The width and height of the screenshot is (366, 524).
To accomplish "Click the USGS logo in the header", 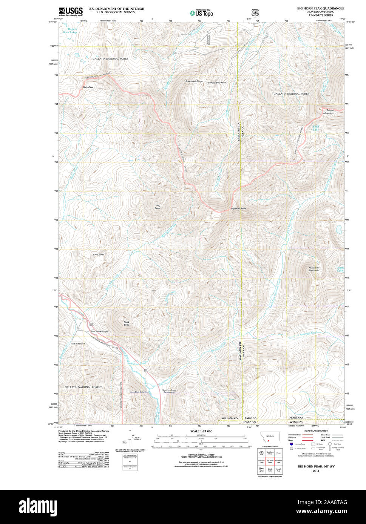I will [x=71, y=11].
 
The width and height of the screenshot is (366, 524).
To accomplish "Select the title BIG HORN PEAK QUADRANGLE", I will [x=320, y=8].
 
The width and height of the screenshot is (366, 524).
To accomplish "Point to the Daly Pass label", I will [x=88, y=87].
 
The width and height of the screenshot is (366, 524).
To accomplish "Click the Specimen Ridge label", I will [x=194, y=81].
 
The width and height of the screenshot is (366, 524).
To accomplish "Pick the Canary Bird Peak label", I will [x=217, y=83].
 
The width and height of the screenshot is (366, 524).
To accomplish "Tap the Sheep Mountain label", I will [x=328, y=112].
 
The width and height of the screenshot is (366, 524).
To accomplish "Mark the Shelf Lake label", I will [x=316, y=128].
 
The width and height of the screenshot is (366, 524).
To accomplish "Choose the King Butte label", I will [x=158, y=207].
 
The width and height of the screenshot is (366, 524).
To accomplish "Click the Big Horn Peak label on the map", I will [x=238, y=208].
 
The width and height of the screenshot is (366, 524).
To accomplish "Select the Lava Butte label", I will [x=99, y=254].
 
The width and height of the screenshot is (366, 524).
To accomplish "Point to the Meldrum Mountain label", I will [x=314, y=269].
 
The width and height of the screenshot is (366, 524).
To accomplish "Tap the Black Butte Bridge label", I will [x=99, y=331].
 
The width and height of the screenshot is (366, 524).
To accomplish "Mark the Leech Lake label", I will [x=340, y=269].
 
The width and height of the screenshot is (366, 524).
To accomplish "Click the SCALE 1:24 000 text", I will [x=201, y=431].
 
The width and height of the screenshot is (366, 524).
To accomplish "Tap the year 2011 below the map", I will [x=316, y=471].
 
